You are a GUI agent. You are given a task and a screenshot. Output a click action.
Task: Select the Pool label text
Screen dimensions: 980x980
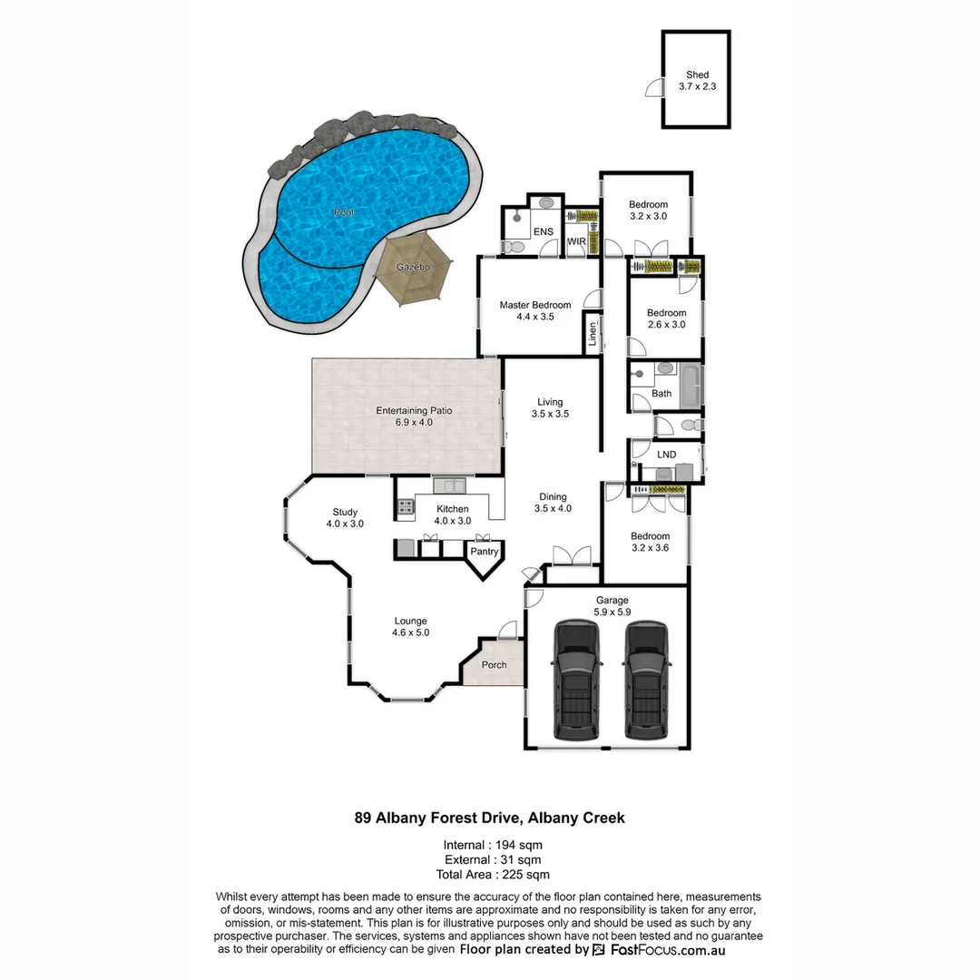coord(343,212)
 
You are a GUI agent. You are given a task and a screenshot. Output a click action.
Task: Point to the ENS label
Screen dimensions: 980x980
coord(543,232)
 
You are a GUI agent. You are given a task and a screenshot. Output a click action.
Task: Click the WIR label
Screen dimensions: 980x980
coord(576,241)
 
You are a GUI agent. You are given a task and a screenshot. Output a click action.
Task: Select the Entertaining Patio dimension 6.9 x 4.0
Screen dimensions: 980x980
coord(414,422)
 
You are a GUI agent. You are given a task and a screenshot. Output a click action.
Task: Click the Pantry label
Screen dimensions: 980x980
coord(485,551)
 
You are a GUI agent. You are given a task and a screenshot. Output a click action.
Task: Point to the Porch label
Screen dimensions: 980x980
coord(494,665)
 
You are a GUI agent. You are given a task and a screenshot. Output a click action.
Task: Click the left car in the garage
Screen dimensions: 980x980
coord(575,680)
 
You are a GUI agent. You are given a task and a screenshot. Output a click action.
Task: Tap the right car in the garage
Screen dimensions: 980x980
coord(645,680)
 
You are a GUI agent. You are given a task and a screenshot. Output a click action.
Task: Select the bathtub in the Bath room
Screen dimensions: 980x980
coord(691,385)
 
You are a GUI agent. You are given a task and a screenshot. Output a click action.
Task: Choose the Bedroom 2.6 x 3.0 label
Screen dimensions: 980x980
coord(666,318)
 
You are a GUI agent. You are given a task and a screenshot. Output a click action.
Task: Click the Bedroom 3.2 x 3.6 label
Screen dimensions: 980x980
coord(651,542)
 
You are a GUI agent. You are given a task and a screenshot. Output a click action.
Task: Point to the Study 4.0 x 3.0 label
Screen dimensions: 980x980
coord(345,517)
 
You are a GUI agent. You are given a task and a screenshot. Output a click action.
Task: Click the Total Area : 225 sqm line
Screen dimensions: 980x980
coord(493,875)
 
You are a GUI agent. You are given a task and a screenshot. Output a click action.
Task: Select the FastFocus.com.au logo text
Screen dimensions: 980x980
coord(667,950)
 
